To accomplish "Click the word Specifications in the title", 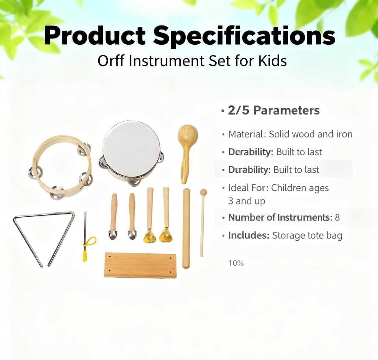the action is [x=244, y=36].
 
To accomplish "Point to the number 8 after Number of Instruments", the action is [x=337, y=218].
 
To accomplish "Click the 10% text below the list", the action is [x=236, y=263].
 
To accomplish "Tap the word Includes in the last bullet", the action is [x=249, y=235].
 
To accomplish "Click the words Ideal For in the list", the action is [x=248, y=188].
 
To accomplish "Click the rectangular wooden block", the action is [x=141, y=265].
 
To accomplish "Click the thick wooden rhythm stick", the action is [x=186, y=228].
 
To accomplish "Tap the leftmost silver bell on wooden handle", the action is [x=113, y=216].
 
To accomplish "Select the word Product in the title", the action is [x=95, y=36].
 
